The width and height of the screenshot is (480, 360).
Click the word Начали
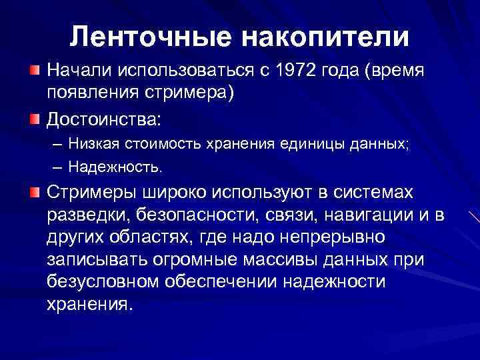pyautogui.click(x=78, y=70)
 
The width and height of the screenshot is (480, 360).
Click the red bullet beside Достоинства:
pyautogui.click(x=33, y=119)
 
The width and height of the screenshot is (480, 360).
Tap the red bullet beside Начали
pyautogui.click(x=33, y=69)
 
